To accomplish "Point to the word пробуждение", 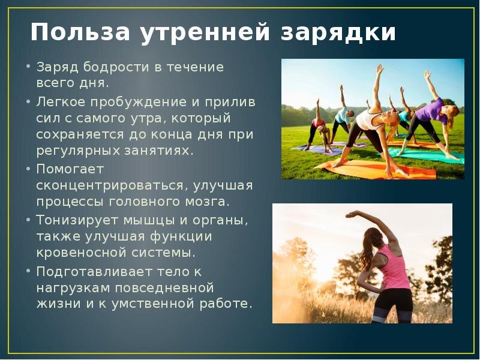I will coord(140,102).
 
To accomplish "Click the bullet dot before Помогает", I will coord(28,168).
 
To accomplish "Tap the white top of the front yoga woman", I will coord(367,119).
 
